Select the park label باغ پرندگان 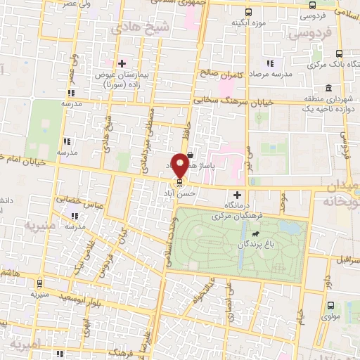pyautogui.click(x=256, y=246)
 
